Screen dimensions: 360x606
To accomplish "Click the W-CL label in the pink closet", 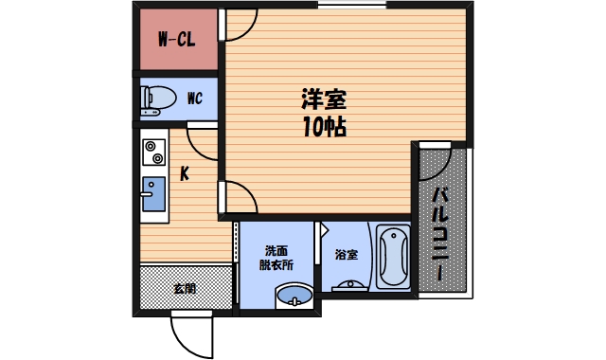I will pyautogui.click(x=177, y=41).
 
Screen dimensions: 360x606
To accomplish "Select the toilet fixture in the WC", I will pyautogui.click(x=158, y=98).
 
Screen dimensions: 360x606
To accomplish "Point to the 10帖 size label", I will pyautogui.click(x=324, y=128).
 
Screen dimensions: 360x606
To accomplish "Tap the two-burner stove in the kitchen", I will pyautogui.click(x=152, y=152).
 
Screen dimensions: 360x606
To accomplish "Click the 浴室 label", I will pyautogui.click(x=346, y=255).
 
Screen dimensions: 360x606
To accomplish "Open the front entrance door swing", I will pyautogui.click(x=191, y=333).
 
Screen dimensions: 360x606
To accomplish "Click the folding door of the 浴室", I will pyautogui.click(x=322, y=237).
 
